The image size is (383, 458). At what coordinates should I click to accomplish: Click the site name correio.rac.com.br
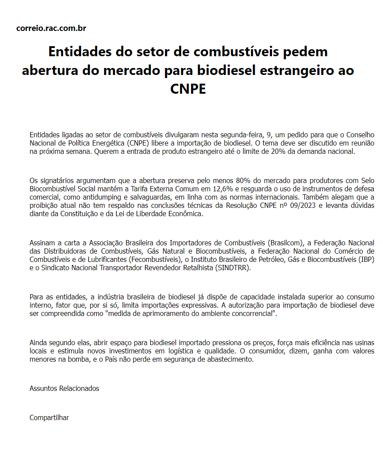[x=51, y=29]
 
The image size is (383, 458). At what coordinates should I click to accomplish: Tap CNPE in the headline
[x=188, y=88]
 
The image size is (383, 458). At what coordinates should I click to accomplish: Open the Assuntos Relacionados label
[x=64, y=388]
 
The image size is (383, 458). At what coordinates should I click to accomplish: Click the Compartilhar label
[x=49, y=417]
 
